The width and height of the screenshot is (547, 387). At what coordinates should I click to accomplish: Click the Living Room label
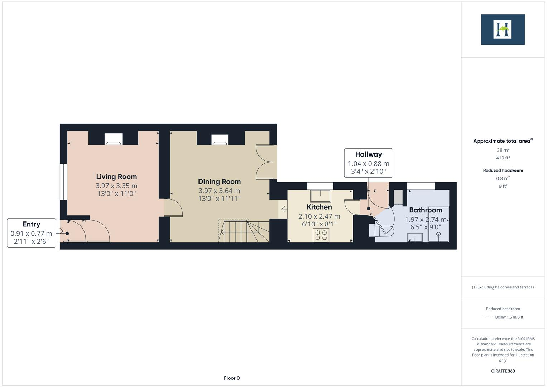click(116, 177)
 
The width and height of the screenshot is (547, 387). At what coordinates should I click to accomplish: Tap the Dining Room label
click(219, 182)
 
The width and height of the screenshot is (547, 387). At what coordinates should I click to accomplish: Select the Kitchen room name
click(319, 207)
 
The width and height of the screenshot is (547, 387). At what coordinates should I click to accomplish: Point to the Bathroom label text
click(426, 210)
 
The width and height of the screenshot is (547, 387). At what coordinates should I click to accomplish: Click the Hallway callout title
click(368, 154)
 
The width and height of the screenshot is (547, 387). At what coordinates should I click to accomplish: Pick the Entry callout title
click(31, 224)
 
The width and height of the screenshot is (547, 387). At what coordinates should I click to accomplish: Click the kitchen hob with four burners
click(321, 235)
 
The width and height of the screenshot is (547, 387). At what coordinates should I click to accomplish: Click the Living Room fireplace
click(114, 139)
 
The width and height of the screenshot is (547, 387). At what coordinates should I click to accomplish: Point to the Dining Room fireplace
click(220, 140)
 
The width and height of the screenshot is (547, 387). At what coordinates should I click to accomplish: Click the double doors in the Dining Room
click(265, 162)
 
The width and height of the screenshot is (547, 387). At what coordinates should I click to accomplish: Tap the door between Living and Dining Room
click(174, 207)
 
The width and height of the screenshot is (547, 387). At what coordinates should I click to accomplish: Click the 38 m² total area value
click(503, 150)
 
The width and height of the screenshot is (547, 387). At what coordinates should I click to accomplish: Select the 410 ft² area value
click(503, 158)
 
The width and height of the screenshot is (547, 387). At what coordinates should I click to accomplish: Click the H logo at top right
click(503, 29)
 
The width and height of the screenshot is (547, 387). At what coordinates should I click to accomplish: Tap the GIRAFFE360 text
click(503, 371)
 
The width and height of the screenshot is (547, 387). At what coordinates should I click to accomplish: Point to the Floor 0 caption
click(232, 378)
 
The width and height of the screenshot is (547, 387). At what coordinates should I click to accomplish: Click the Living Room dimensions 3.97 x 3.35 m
click(116, 186)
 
